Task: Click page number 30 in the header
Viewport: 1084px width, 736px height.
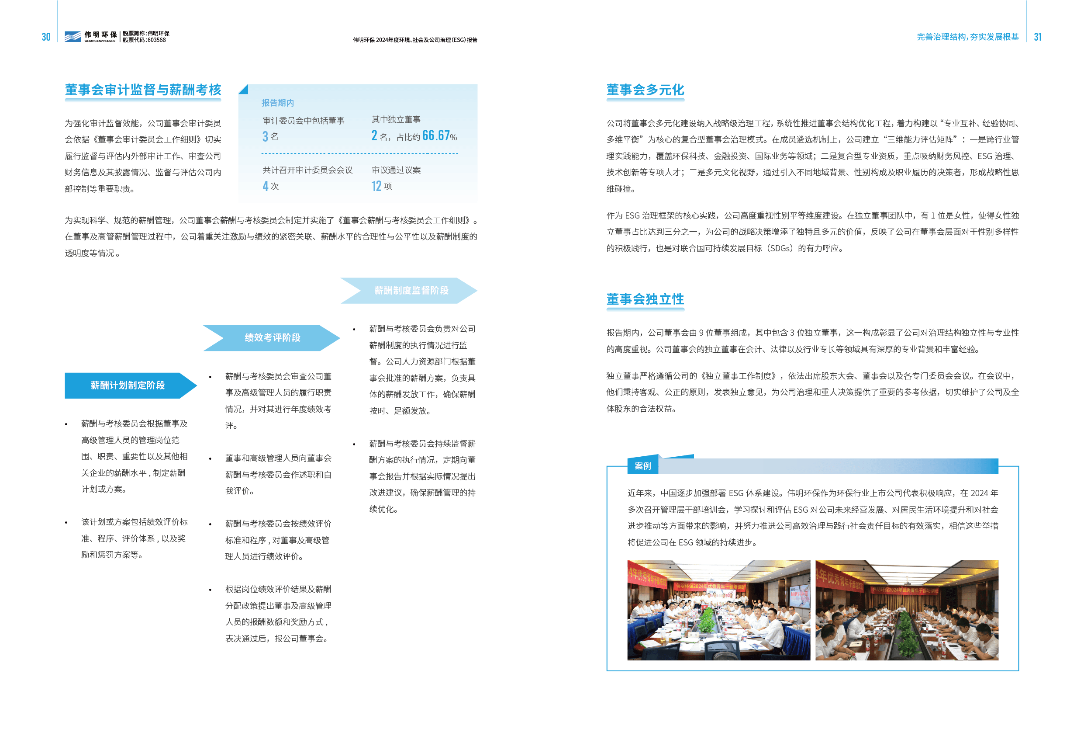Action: click(46, 37)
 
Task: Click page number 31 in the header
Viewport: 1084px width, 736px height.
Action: click(1037, 37)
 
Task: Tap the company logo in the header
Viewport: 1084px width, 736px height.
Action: click(72, 36)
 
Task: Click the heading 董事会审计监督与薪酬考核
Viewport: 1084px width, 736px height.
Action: click(143, 90)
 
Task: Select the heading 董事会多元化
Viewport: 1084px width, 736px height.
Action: click(645, 90)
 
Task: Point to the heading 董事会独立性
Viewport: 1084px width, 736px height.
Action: click(645, 299)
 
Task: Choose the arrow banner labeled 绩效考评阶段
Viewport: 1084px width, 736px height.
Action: click(273, 337)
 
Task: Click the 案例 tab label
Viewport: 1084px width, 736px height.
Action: click(642, 465)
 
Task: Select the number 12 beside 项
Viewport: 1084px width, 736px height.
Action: click(376, 186)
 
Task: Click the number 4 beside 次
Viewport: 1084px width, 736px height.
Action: click(266, 186)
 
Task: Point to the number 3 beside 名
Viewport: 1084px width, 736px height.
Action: click(265, 136)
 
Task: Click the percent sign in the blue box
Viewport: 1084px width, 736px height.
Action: click(453, 137)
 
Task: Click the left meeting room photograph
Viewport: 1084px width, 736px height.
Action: click(718, 610)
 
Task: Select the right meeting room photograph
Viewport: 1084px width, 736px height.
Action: click(906, 610)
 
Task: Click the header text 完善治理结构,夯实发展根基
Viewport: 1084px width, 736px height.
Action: click(967, 37)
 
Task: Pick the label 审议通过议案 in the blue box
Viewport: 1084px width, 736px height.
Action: click(396, 170)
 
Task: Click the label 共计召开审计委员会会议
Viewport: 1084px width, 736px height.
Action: click(307, 170)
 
